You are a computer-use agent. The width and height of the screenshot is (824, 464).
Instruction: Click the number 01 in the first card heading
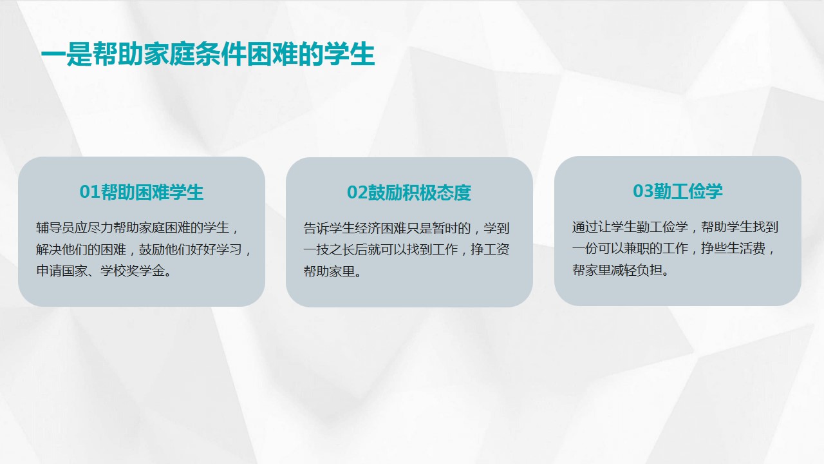click(89, 192)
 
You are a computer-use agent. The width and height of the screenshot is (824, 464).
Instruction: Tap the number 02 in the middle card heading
click(357, 192)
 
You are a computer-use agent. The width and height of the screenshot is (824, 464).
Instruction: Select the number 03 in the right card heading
click(643, 191)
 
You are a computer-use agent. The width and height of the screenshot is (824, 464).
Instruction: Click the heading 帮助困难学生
click(152, 192)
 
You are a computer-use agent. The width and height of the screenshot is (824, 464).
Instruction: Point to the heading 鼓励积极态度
click(419, 192)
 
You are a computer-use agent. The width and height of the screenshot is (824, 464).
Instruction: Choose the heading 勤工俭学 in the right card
click(688, 191)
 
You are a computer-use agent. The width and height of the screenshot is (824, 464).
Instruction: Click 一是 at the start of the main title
click(66, 55)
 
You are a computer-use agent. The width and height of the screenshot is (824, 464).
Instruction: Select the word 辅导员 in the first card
click(55, 227)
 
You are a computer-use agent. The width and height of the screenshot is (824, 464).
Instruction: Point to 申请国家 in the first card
click(62, 271)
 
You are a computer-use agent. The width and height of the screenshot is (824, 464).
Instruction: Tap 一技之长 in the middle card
click(329, 249)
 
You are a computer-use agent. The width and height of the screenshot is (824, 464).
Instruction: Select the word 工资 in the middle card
click(496, 249)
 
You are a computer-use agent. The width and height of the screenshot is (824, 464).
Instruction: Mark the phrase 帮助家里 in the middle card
click(329, 271)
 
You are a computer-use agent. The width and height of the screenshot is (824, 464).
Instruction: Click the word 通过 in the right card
click(585, 227)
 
